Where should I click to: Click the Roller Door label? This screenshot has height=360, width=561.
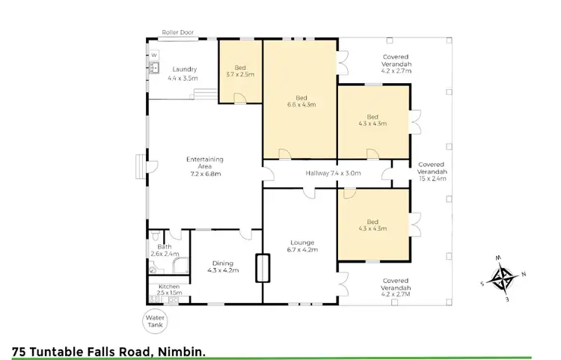click(x=177, y=32)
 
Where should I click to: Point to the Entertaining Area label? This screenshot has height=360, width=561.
click(x=204, y=165)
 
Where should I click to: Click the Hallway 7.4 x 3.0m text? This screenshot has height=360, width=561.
click(x=333, y=174)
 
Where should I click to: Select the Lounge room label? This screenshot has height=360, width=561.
click(x=303, y=245)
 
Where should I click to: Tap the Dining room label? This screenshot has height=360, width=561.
click(x=223, y=266)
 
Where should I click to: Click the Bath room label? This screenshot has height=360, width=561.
click(x=165, y=250)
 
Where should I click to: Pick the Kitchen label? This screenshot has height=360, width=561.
click(x=169, y=289)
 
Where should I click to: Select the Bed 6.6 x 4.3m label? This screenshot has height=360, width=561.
click(x=301, y=101)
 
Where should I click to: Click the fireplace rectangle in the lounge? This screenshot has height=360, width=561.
click(x=263, y=269)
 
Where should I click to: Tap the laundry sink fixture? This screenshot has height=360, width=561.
click(x=156, y=68)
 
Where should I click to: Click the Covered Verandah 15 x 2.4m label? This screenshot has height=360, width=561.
click(x=432, y=171)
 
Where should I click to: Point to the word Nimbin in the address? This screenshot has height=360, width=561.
click(x=183, y=350)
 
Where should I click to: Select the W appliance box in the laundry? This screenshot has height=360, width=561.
click(x=155, y=55)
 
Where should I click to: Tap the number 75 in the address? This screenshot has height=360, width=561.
click(x=21, y=350)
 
